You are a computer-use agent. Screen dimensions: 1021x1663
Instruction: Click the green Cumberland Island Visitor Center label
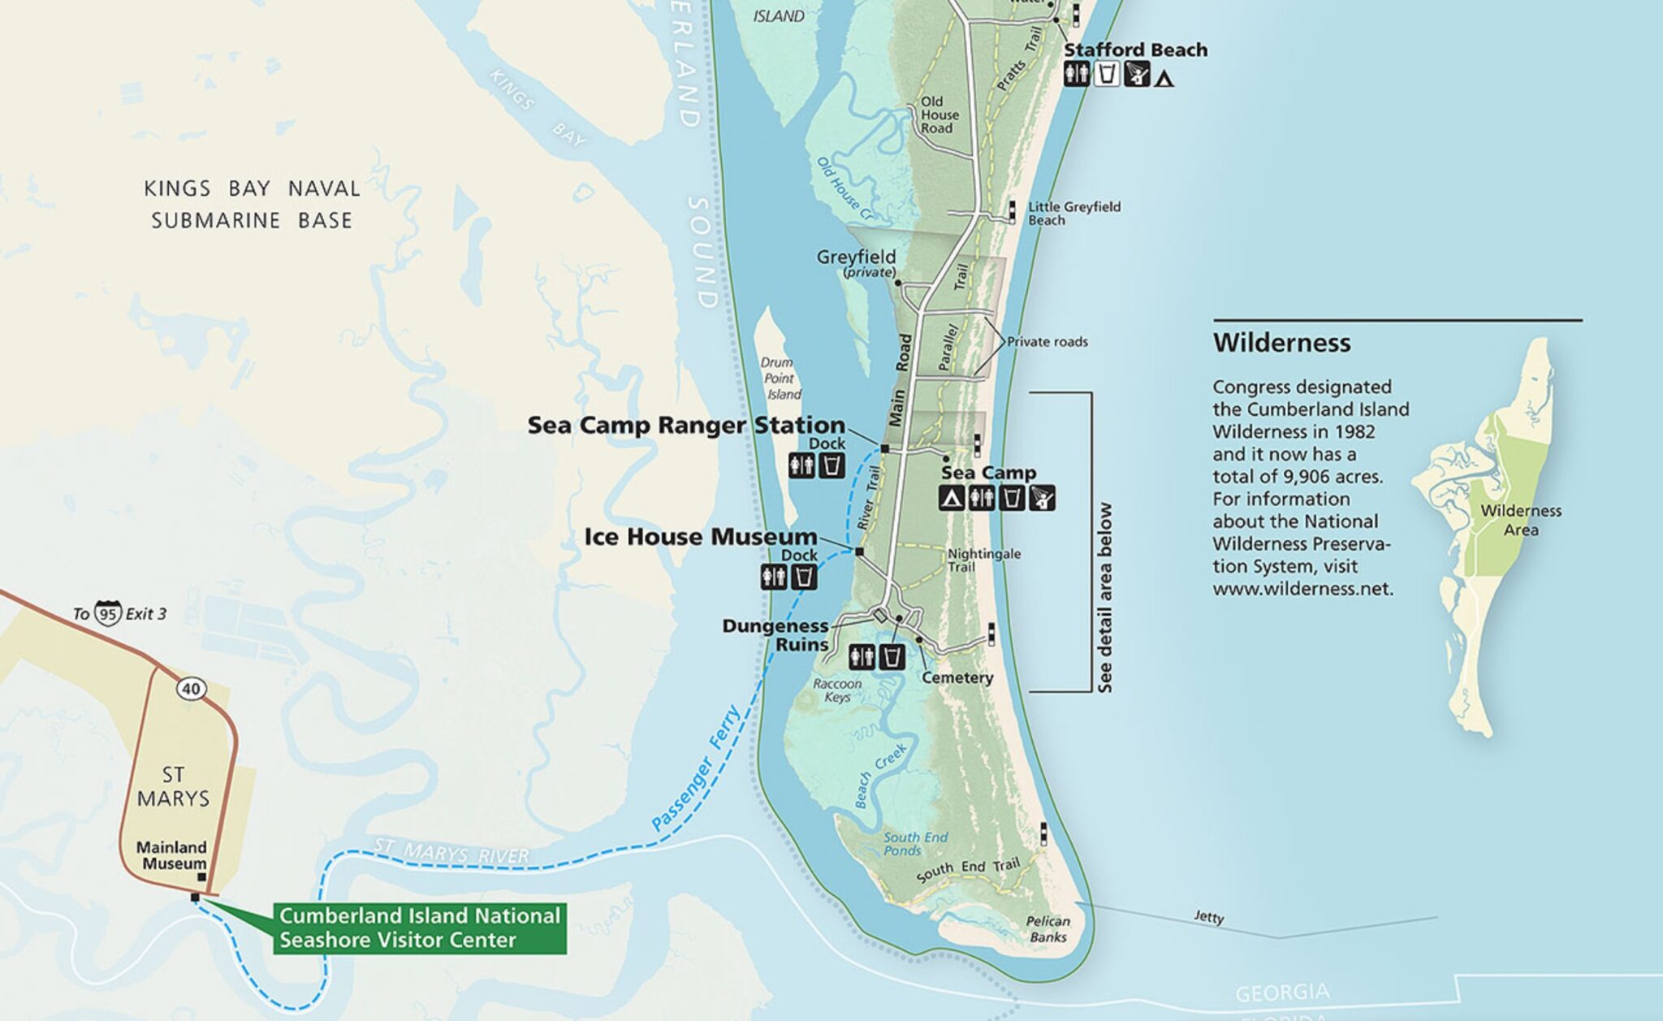[x=419, y=928]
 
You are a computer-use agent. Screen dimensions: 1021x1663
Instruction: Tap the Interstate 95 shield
[x=107, y=613]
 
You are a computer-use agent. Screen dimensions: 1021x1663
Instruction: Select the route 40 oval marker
[x=190, y=690]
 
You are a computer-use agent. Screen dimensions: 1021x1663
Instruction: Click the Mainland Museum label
[x=171, y=855]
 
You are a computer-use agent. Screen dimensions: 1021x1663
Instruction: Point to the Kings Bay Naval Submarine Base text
[x=252, y=205]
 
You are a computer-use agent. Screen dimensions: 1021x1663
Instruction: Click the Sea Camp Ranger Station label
[x=686, y=425]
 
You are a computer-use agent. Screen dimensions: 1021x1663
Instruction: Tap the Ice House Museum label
[x=700, y=537]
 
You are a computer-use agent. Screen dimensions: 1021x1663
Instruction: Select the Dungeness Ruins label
[x=775, y=635]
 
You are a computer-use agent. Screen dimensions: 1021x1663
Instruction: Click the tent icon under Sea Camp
[x=951, y=498]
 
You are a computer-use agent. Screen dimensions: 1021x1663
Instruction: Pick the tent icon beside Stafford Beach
[x=1164, y=80]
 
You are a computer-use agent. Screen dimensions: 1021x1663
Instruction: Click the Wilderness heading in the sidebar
[x=1281, y=343]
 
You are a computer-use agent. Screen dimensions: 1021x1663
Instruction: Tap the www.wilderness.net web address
[x=1302, y=589]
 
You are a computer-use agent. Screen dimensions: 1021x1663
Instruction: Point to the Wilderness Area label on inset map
[x=1520, y=520]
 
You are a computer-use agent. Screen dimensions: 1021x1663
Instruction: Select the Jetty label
[x=1208, y=917]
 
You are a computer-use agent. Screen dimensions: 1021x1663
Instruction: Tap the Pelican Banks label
[x=1047, y=929]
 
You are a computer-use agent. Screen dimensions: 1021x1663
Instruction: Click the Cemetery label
[x=957, y=677]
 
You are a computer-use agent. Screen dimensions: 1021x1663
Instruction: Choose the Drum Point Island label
[x=780, y=379]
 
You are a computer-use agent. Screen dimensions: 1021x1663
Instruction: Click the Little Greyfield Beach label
[x=1073, y=213]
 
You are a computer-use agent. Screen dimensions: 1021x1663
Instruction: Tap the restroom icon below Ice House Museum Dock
[x=773, y=578]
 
